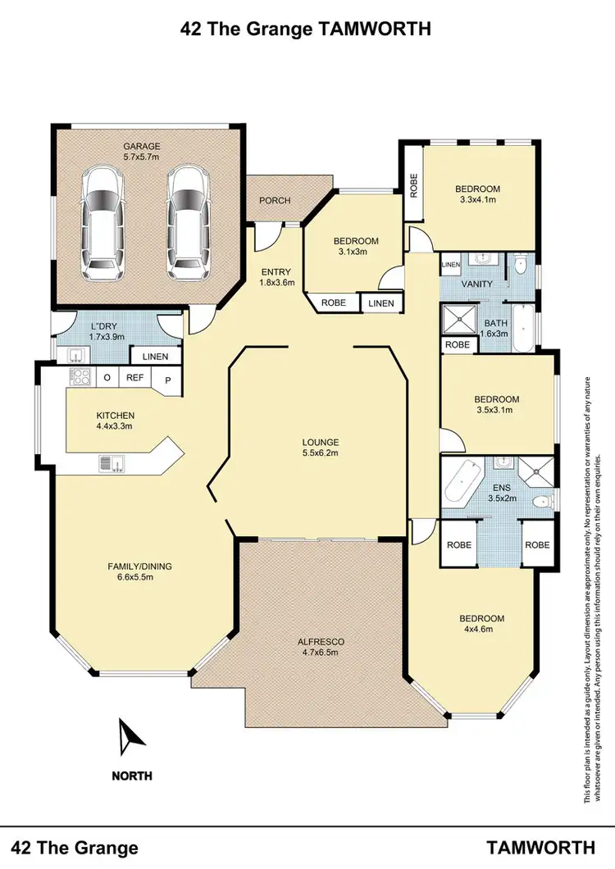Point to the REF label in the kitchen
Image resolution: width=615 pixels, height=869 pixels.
point(134,379)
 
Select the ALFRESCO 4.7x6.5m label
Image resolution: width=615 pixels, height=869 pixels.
point(320,647)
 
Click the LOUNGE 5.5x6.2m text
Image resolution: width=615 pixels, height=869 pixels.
point(320,447)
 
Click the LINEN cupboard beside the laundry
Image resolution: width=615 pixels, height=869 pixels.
point(155,357)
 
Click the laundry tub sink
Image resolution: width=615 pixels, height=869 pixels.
point(74,354)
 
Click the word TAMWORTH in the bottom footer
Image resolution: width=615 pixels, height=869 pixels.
point(540,847)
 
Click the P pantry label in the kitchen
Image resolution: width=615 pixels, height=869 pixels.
point(168,380)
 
